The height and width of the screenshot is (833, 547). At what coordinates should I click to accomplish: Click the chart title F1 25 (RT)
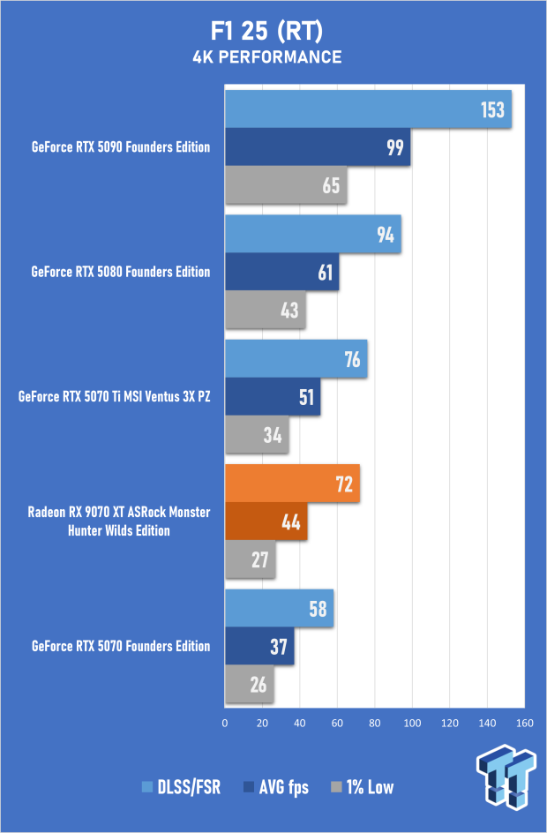click(273, 32)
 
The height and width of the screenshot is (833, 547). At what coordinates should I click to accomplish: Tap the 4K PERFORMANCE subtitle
click(273, 57)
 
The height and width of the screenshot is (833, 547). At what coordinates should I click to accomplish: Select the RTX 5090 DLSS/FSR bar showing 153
click(368, 109)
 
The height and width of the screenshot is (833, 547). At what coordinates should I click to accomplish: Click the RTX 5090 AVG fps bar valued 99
click(318, 146)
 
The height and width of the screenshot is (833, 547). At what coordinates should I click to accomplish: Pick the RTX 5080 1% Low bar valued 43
click(265, 310)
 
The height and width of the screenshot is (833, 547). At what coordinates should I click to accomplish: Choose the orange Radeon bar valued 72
click(292, 484)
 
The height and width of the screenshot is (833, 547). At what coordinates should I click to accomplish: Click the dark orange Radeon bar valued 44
click(266, 521)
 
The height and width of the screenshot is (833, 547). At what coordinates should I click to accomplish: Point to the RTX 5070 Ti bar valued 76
click(296, 359)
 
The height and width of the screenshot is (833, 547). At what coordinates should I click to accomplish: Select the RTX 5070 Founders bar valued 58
click(279, 609)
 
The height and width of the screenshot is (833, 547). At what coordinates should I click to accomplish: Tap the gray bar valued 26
click(249, 684)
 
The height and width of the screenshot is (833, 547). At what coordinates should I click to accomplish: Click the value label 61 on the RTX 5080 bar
click(326, 273)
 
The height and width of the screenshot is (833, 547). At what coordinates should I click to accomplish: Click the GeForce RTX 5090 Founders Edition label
click(121, 146)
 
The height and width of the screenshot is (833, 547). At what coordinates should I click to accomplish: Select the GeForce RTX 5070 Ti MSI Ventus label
click(114, 396)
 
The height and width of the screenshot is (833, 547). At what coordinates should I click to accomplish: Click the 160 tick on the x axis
click(525, 724)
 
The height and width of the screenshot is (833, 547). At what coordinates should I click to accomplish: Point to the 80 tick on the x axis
click(375, 724)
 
